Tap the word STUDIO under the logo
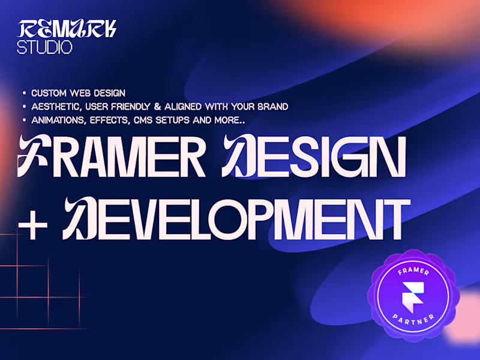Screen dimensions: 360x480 pos(45,47)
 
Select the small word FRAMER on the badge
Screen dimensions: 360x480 pos(414,272)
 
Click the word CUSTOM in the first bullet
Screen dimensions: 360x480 pos(49,93)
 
